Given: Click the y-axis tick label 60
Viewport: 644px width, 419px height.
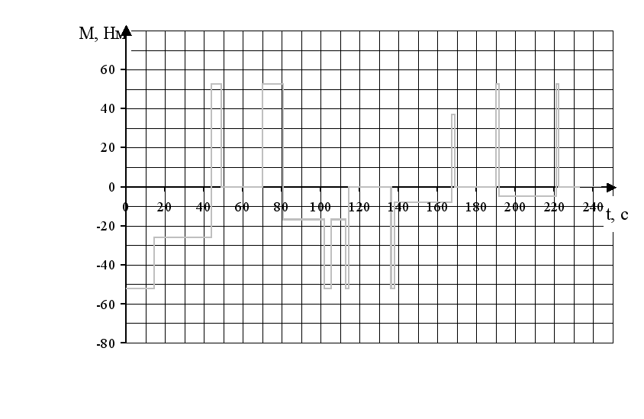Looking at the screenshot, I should [x=106, y=70].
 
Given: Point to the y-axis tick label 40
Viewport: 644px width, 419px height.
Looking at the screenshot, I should [x=106, y=109].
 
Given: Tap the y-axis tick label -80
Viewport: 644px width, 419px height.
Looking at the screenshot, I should [x=106, y=343].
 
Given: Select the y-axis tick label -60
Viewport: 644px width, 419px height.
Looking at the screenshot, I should [x=106, y=305].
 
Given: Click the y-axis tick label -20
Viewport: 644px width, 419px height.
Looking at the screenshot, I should [x=106, y=226].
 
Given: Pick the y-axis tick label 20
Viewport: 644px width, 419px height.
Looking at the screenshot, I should [x=106, y=148].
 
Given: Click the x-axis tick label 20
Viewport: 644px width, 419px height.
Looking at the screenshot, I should [x=164, y=207].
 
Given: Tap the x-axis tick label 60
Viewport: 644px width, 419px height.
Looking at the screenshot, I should [x=242, y=207].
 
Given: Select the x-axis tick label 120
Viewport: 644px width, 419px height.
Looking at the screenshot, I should [x=359, y=207].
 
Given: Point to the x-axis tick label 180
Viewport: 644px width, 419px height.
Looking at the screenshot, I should [x=476, y=207].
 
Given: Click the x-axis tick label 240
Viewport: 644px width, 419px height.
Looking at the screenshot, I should [x=593, y=207].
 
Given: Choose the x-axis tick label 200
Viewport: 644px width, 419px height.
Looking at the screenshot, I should [x=515, y=207].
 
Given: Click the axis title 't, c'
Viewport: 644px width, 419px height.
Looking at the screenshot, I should [x=617, y=215].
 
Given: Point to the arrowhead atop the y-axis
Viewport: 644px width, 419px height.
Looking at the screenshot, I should [x=126, y=31].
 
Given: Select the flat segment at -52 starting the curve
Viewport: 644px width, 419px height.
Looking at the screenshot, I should [x=140, y=288].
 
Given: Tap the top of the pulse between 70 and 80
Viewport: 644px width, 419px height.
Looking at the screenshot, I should [x=272, y=84].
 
